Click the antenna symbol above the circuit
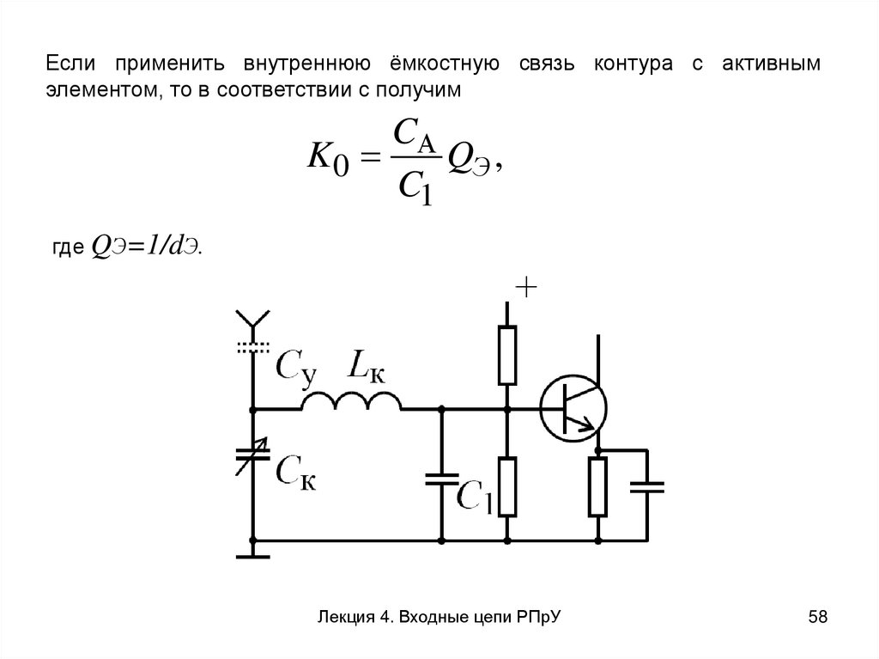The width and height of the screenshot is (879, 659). tap(252, 321)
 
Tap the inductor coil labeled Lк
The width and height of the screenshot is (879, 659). tap(351, 401)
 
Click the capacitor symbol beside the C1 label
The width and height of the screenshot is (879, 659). tap(442, 479)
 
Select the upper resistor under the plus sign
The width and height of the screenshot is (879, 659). tap(508, 355)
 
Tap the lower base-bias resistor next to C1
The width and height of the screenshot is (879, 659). tap(508, 487)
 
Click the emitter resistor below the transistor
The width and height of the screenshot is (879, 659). tap(597, 487)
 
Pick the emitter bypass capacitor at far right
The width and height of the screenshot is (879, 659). tap(646, 486)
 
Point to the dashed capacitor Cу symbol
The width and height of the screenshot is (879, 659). tap(252, 348)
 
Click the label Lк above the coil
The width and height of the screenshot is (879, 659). tap(365, 364)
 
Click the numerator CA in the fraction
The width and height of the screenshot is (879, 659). tap(415, 134)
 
